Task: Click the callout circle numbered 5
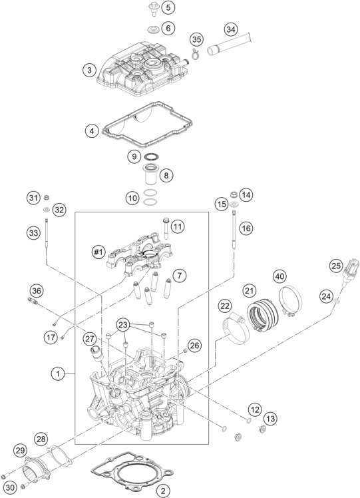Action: click(x=168, y=7)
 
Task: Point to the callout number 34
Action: click(x=231, y=29)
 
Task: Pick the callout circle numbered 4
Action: click(x=92, y=131)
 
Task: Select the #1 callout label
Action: click(x=98, y=252)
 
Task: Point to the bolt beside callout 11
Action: click(x=166, y=227)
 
